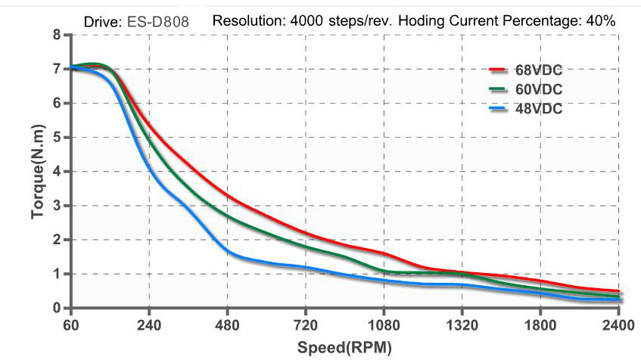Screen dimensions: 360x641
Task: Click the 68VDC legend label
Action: [x=536, y=71]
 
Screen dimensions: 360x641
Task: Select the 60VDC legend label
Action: [x=536, y=89]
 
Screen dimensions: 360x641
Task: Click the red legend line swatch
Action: [x=497, y=70]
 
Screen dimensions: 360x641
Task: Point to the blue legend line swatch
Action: [x=497, y=109]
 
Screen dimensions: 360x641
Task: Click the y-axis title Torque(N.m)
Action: [x=39, y=171]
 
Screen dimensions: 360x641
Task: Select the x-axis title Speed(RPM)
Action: [x=345, y=348]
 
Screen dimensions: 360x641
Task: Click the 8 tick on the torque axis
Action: [x=57, y=35]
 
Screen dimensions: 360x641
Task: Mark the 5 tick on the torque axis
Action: [x=57, y=137]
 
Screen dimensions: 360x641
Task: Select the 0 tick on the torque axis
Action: [x=57, y=308]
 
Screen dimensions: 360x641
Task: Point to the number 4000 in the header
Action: [x=305, y=21]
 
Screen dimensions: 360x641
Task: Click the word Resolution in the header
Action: [x=249, y=21]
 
